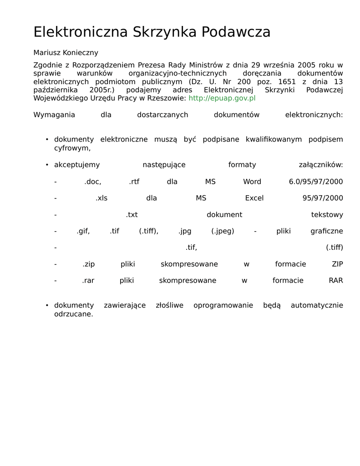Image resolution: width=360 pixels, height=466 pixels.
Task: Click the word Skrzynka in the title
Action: click(x=165, y=32)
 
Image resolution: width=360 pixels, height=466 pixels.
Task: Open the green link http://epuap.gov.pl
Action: click(x=222, y=98)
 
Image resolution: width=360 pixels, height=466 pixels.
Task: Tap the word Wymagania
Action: click(x=54, y=115)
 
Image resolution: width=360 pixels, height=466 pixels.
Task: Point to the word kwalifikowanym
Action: click(x=274, y=139)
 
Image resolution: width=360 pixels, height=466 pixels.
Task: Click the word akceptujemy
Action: click(x=77, y=165)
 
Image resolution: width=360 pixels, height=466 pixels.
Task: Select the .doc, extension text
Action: click(x=93, y=182)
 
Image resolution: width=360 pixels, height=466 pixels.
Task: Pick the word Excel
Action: click(x=254, y=198)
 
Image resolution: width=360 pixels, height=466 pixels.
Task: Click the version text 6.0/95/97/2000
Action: click(x=316, y=182)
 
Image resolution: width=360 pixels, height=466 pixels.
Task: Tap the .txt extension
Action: click(x=132, y=215)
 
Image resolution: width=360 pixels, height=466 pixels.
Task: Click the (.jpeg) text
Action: click(x=223, y=231)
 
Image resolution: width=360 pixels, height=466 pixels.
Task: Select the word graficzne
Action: click(x=327, y=231)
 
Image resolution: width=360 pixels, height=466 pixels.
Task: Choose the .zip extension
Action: click(x=88, y=264)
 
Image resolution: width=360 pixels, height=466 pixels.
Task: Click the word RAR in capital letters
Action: click(x=336, y=281)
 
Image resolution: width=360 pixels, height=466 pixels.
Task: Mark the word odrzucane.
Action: click(x=73, y=314)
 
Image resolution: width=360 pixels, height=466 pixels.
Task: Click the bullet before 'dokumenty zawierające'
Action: click(x=47, y=305)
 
